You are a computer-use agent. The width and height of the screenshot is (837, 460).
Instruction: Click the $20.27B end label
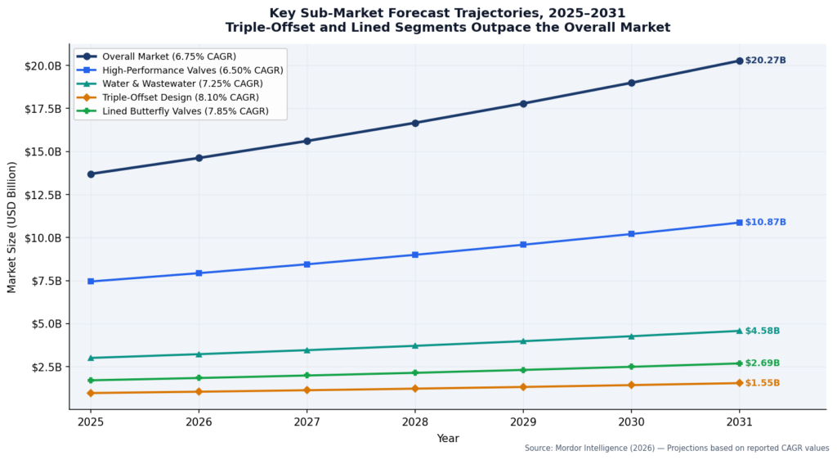point(765,61)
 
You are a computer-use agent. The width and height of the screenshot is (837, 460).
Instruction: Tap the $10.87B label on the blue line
point(765,223)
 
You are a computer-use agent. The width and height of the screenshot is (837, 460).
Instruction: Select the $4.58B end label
point(762,331)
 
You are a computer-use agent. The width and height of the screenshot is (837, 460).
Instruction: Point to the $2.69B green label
point(762,363)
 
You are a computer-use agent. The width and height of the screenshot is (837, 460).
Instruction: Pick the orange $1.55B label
point(762,383)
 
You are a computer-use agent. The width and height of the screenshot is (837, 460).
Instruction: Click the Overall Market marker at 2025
point(91,174)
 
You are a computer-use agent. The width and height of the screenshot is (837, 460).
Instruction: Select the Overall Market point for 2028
point(415,123)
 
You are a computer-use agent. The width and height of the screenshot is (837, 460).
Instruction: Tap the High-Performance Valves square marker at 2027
point(307,264)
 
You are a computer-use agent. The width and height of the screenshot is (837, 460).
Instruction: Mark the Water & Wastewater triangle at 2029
point(523,341)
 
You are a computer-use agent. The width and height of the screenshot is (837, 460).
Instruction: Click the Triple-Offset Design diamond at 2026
point(199,391)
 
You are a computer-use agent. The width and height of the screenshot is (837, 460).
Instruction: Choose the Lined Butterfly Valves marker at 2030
point(631,367)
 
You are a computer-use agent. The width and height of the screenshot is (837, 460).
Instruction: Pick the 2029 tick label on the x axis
point(523,422)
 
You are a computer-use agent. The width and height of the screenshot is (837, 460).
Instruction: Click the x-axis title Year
point(447,439)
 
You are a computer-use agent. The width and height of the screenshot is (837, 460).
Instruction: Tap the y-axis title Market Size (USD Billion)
point(12,228)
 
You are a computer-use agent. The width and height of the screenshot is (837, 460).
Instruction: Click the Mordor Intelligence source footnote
point(676,449)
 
